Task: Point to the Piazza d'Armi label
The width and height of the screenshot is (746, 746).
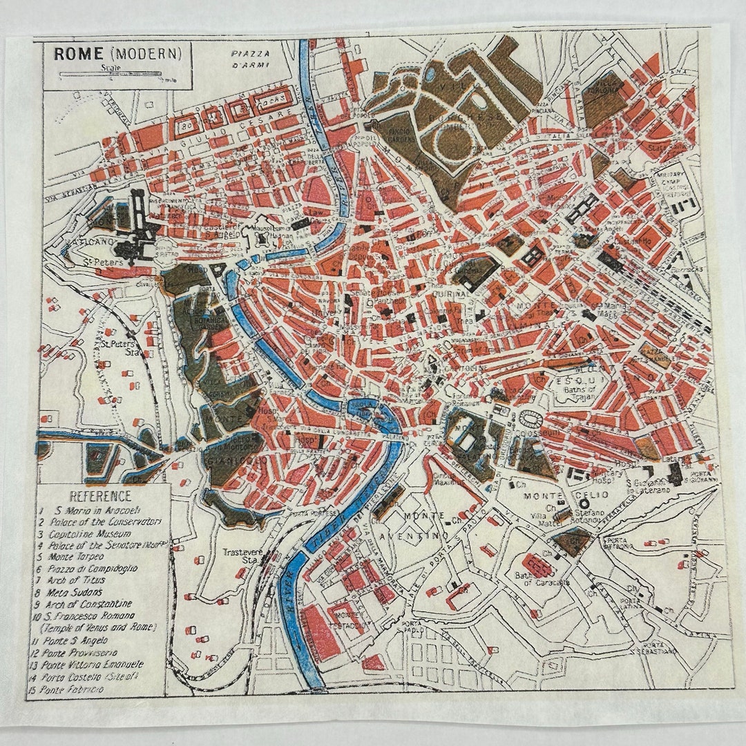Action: point(249,59)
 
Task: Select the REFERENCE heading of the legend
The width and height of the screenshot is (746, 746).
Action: point(99,496)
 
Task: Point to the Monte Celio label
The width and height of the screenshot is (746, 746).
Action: point(557,496)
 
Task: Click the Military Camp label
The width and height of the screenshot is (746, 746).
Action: point(679,180)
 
